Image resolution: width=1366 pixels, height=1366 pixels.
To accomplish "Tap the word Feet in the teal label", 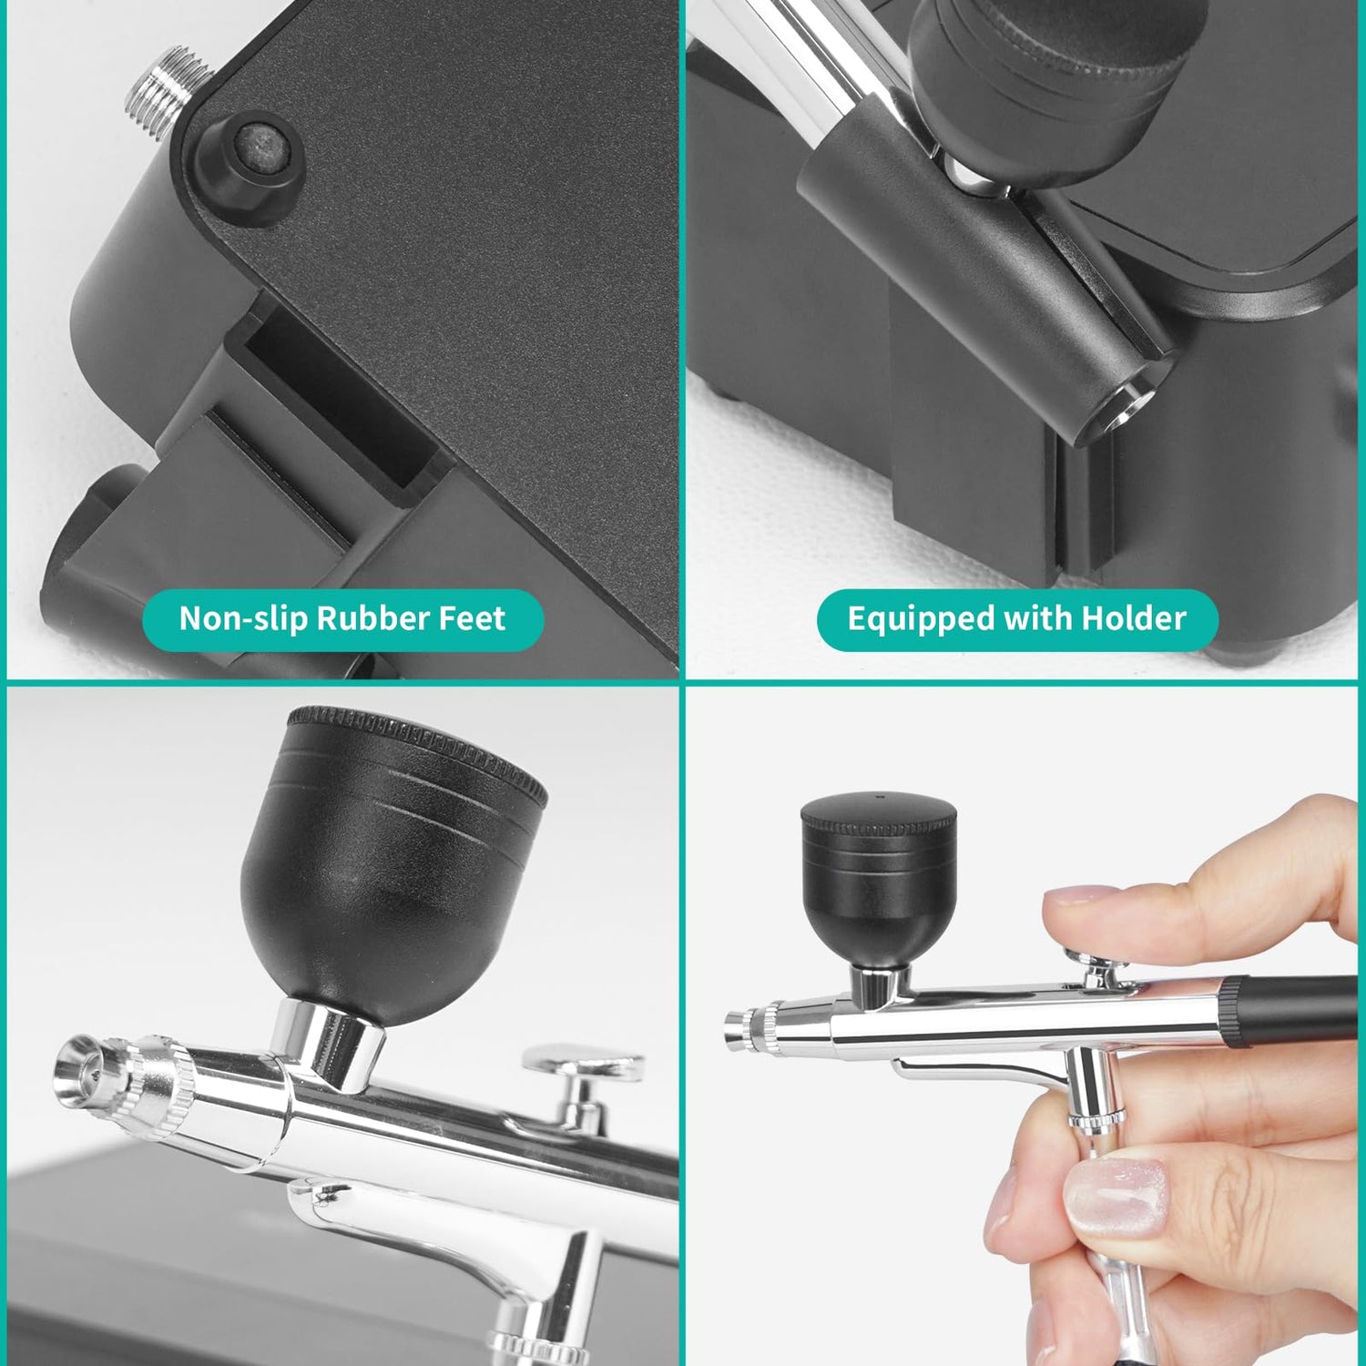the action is pos(472,618).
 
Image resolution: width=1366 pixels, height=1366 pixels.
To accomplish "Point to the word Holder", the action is pos(1134,618).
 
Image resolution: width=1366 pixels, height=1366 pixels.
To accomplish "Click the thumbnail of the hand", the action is pos(1116,1198).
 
